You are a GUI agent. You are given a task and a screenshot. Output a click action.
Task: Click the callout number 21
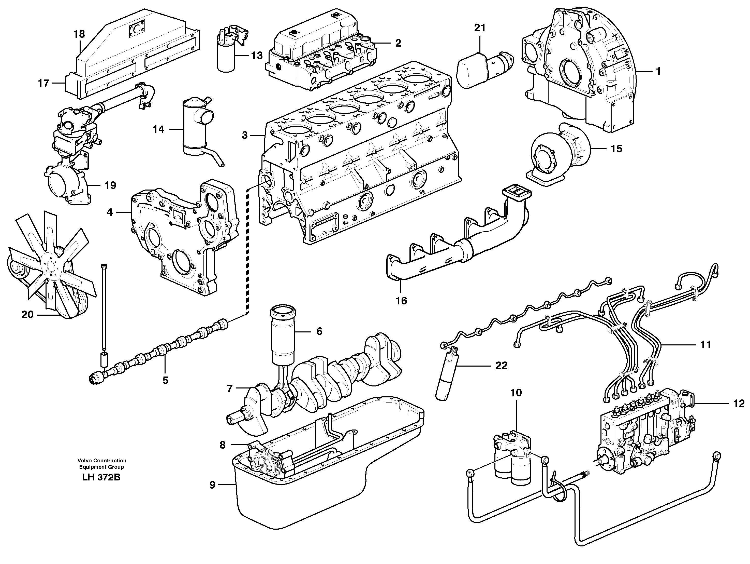[x=480, y=28]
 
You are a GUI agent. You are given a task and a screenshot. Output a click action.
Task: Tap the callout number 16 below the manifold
[x=401, y=301]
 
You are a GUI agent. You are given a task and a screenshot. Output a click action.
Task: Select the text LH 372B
[x=101, y=477]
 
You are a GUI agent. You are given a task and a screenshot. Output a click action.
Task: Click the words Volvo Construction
[x=102, y=460]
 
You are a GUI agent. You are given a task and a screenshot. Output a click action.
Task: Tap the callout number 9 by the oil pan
[x=212, y=485]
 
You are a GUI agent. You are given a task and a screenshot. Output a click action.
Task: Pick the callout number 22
[x=501, y=366]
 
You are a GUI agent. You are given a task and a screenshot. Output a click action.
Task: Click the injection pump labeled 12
[x=644, y=435]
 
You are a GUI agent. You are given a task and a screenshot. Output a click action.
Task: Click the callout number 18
[x=79, y=34]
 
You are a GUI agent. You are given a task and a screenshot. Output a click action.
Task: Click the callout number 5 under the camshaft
[x=165, y=380]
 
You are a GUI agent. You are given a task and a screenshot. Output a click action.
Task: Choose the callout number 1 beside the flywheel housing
[x=658, y=72]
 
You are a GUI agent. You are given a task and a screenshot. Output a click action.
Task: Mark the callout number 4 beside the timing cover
[x=110, y=212]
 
